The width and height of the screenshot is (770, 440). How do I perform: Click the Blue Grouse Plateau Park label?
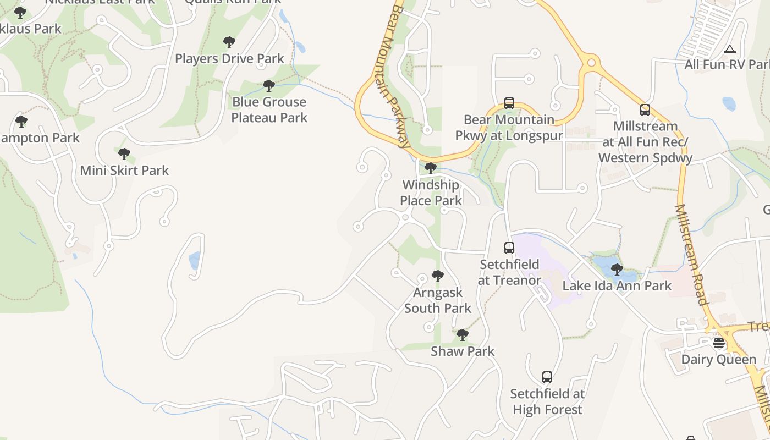269,109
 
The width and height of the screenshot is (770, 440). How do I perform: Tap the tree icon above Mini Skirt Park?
124,154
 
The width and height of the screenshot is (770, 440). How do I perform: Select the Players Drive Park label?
229,58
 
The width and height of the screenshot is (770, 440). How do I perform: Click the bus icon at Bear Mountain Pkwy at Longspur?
509,103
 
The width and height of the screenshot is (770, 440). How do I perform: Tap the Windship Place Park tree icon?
431,168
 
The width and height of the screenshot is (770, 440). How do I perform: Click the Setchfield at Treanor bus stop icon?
509,248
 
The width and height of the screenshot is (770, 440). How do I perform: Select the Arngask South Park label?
438,300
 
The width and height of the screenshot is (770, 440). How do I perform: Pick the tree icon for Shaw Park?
463,334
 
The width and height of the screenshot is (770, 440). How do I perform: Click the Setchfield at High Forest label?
547,402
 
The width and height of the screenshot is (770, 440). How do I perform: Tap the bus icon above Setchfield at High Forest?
547,377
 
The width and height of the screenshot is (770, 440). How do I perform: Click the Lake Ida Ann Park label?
617,285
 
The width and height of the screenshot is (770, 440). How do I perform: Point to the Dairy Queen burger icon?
719,343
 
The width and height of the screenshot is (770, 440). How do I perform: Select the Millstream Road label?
691,254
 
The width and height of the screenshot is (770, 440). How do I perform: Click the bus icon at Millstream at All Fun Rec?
645,110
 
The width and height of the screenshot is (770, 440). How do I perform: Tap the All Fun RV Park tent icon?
730,49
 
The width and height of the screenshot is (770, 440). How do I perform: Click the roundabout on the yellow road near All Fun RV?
591,63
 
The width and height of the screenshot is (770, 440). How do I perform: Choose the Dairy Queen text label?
719,359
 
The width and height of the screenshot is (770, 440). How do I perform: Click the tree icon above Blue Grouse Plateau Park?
269,86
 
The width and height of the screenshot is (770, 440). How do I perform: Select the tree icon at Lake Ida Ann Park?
617,269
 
